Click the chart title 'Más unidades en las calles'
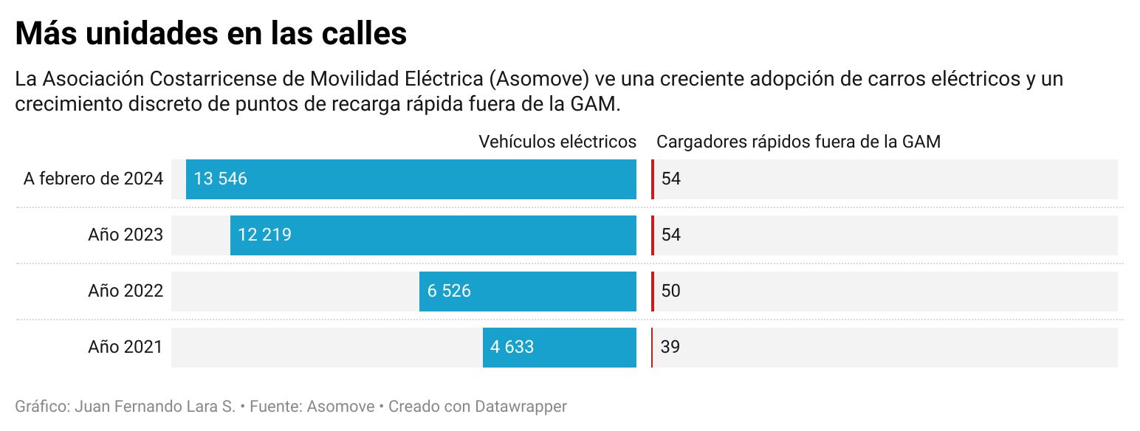tap(211, 33)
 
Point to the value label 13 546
tap(220, 179)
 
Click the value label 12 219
tap(264, 235)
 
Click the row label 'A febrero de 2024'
tap(93, 179)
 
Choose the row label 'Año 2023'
tap(126, 235)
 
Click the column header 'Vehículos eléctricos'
tap(557, 142)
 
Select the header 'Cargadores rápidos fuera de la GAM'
tap(798, 142)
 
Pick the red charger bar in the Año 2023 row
tap(653, 235)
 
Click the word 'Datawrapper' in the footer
tap(521, 407)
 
